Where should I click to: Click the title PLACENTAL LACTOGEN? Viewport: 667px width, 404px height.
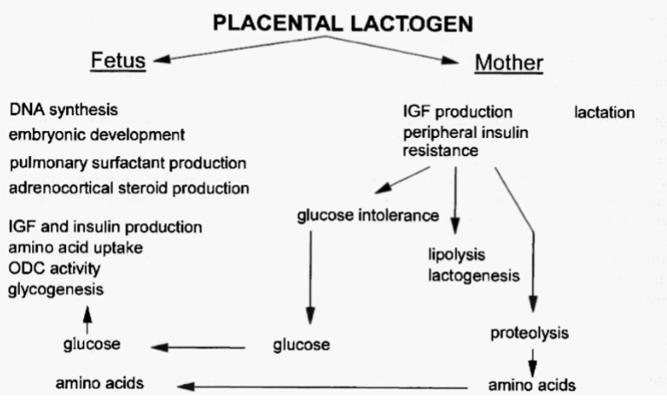[x=343, y=25]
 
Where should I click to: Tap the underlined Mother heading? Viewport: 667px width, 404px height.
[x=508, y=62]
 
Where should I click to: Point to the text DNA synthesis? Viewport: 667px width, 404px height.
[x=64, y=111]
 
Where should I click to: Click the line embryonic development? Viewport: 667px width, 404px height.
[x=97, y=135]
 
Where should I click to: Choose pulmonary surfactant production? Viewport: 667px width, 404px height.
[x=128, y=163]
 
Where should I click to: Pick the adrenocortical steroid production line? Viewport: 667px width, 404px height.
[x=130, y=187]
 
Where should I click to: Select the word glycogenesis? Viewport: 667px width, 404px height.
[x=52, y=287]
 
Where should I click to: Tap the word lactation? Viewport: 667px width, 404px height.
[x=605, y=113]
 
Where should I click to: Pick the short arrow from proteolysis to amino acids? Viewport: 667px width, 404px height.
[x=533, y=357]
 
